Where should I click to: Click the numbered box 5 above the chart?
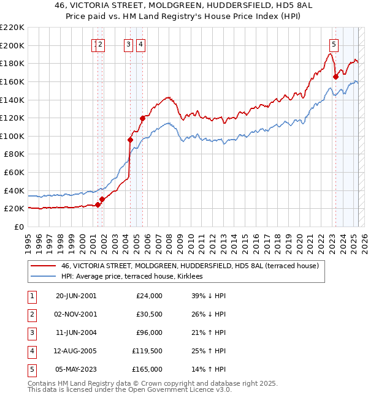point(334,43)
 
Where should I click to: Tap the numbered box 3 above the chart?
point(128,43)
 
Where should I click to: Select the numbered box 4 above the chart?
point(140,43)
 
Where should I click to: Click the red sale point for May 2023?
point(335,77)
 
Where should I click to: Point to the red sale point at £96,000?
point(131,140)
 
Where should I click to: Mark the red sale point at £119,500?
point(143,118)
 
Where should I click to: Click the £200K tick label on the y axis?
point(13,45)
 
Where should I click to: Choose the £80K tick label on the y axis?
point(15,154)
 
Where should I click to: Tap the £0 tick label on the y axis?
point(18,227)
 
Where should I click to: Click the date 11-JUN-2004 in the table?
point(76,334)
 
